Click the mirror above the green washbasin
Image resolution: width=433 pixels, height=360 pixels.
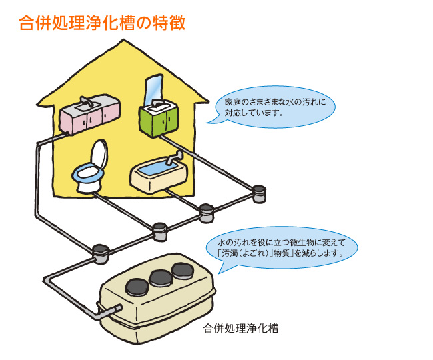(153, 86)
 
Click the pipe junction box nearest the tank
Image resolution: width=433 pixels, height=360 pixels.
(100, 252)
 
